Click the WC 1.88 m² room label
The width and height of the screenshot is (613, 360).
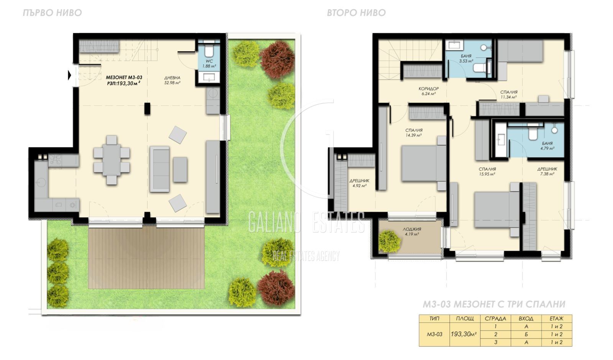pos(209,64)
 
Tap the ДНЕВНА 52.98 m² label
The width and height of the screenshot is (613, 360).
pos(172,80)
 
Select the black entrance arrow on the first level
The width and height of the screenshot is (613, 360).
pos(70,75)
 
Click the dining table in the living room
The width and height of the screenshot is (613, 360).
pos(111,160)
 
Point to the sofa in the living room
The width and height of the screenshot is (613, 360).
pos(159,169)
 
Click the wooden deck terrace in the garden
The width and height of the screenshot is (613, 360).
pos(146,258)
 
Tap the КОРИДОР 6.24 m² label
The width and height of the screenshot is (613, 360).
pos(429,91)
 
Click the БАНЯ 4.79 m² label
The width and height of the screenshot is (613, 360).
pos(547,146)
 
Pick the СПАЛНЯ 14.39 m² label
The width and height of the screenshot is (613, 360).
pos(414,133)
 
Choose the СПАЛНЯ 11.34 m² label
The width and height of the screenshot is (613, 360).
pos(509,94)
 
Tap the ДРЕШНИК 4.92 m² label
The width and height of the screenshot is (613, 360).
pos(359,183)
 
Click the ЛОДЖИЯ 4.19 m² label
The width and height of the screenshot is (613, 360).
pos(412,232)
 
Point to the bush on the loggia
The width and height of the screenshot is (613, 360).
pos(389,241)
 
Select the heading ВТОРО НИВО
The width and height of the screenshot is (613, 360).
pos(356,13)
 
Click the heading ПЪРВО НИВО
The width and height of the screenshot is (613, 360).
pos(52,13)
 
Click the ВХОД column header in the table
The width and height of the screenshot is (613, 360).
pos(526,318)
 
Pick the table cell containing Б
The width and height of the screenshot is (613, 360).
pos(526,334)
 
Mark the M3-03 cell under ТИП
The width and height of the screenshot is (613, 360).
pos(434,334)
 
